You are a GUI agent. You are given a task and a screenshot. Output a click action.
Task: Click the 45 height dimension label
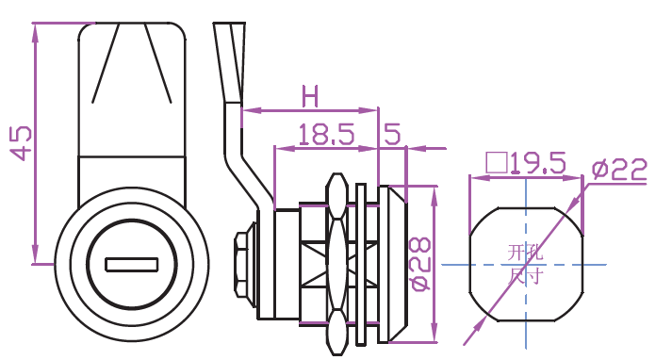point(22,143)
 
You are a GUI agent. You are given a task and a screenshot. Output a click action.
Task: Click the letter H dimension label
point(310,96)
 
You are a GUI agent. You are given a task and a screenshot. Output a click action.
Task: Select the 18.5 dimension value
point(326,134)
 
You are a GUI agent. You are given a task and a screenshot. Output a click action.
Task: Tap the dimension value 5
point(392,134)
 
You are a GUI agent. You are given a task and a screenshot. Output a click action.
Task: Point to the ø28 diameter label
point(420,264)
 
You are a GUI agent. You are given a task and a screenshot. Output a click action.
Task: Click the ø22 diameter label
point(619,170)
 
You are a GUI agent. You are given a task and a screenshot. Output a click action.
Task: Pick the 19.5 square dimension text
point(537,163)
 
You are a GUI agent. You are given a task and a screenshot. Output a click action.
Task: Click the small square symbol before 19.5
point(497,163)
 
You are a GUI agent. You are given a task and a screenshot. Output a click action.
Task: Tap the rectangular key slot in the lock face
point(132,265)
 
